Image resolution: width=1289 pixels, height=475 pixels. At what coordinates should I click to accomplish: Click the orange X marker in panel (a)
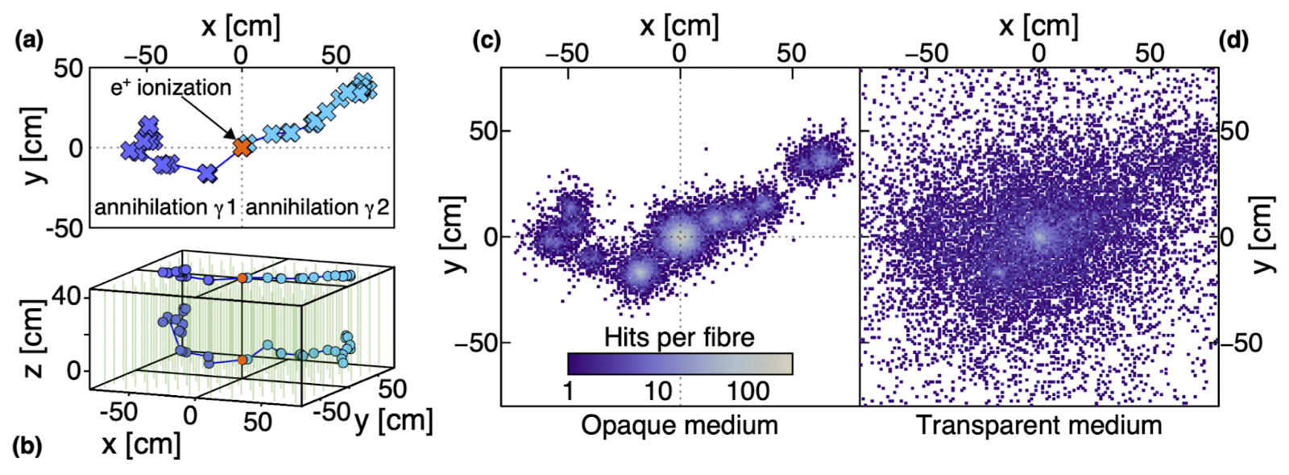242,147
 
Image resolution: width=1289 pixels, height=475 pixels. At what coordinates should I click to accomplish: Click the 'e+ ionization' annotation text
171,87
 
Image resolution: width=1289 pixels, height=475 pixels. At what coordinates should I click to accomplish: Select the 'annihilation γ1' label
165,208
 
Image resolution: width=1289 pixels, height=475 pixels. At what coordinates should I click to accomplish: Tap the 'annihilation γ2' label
317,208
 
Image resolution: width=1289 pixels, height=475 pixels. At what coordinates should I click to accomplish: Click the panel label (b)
28,446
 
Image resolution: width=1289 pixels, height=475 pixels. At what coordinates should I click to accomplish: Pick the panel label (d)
1233,40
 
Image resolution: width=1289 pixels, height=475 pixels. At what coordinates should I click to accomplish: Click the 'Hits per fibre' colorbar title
679,337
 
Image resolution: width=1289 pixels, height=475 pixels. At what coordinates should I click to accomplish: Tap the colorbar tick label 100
748,392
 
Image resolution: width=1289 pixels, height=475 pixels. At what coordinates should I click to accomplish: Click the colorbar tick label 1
568,392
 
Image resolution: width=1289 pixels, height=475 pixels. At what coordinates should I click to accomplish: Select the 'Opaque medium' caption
679,425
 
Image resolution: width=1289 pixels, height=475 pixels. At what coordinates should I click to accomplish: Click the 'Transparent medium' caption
1039,425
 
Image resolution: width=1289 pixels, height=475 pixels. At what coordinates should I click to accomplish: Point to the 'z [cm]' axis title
33,339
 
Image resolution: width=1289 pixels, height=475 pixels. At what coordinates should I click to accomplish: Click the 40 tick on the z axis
67,298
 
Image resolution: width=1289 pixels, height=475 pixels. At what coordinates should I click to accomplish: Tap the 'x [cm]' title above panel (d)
1038,26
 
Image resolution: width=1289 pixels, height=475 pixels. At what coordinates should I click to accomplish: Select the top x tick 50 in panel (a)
335,55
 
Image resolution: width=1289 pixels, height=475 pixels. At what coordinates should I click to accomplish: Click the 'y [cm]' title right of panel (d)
1265,235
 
